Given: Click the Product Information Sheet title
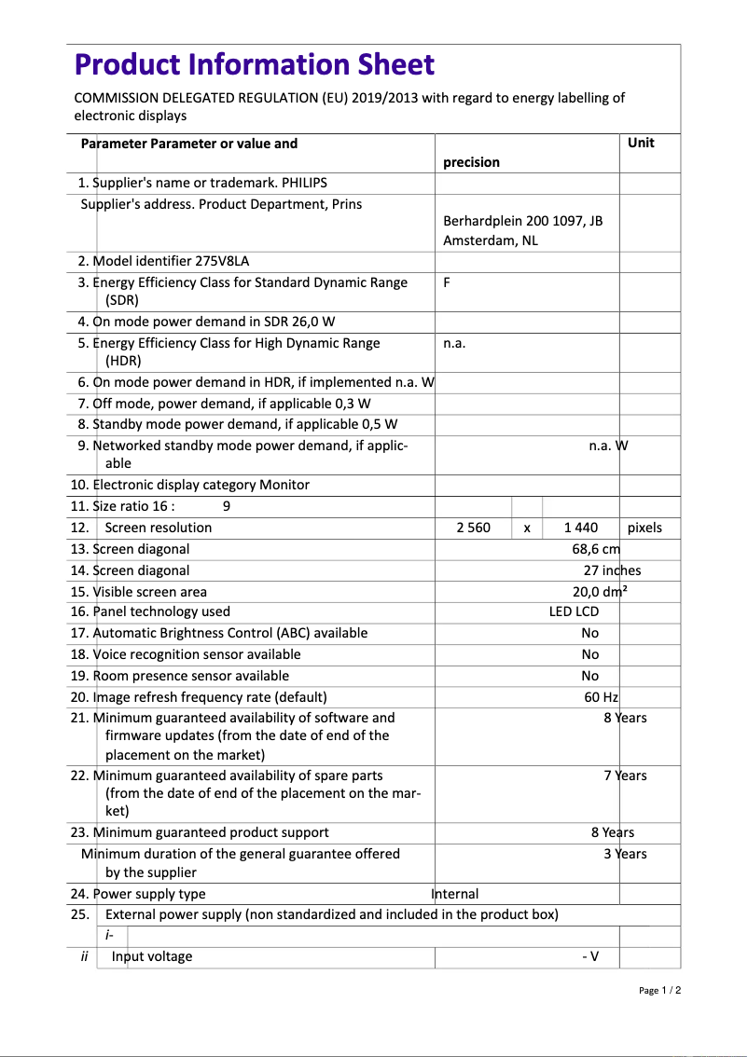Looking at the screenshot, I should click(x=254, y=64).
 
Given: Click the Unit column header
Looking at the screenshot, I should click(x=641, y=143).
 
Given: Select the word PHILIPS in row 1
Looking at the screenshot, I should click(x=305, y=183).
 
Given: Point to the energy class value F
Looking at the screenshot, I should click(x=447, y=282).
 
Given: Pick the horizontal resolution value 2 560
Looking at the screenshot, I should click(x=473, y=528).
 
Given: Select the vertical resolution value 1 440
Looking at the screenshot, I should click(x=581, y=528).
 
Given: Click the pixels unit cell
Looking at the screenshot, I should click(x=644, y=528).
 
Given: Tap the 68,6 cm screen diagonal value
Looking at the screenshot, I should click(x=596, y=549).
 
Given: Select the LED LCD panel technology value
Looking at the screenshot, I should click(x=574, y=611).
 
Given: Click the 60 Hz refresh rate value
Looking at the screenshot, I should click(x=602, y=697).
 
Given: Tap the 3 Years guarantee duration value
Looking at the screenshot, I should click(x=625, y=854).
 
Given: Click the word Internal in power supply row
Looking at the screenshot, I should click(x=455, y=894).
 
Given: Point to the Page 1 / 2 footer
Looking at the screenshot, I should click(x=660, y=990).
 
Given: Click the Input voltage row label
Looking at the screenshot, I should click(x=152, y=956).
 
